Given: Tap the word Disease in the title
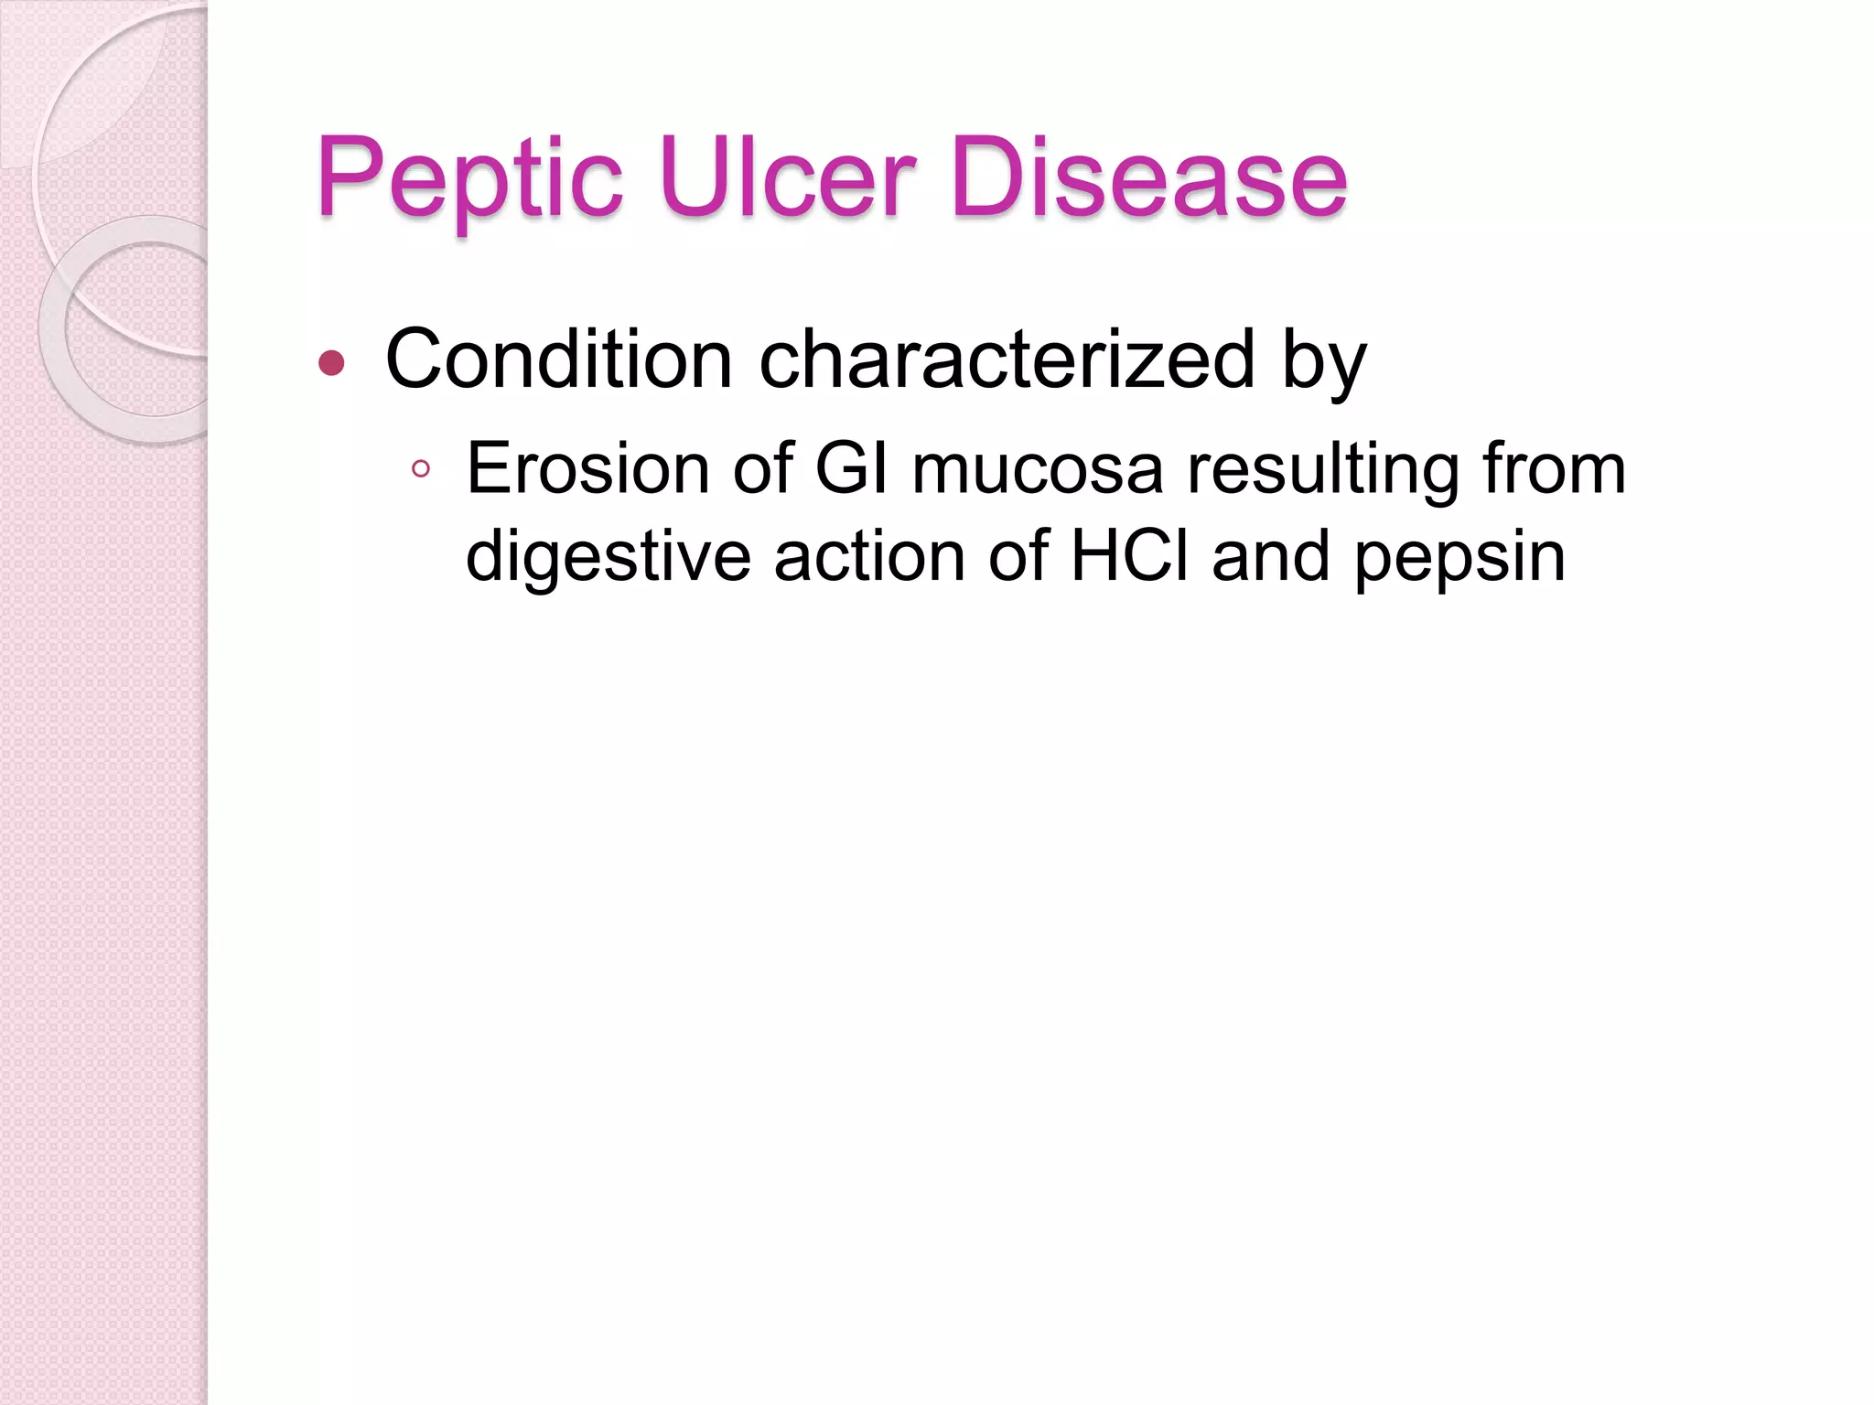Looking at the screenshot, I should [x=1149, y=177].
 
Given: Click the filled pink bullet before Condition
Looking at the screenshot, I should [x=331, y=364].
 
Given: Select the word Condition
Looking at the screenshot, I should [x=559, y=359].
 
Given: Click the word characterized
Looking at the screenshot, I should [x=1007, y=359].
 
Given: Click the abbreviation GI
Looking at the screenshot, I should [x=851, y=469].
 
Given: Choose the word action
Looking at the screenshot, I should [x=869, y=555].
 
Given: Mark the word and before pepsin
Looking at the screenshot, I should [x=1271, y=555].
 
